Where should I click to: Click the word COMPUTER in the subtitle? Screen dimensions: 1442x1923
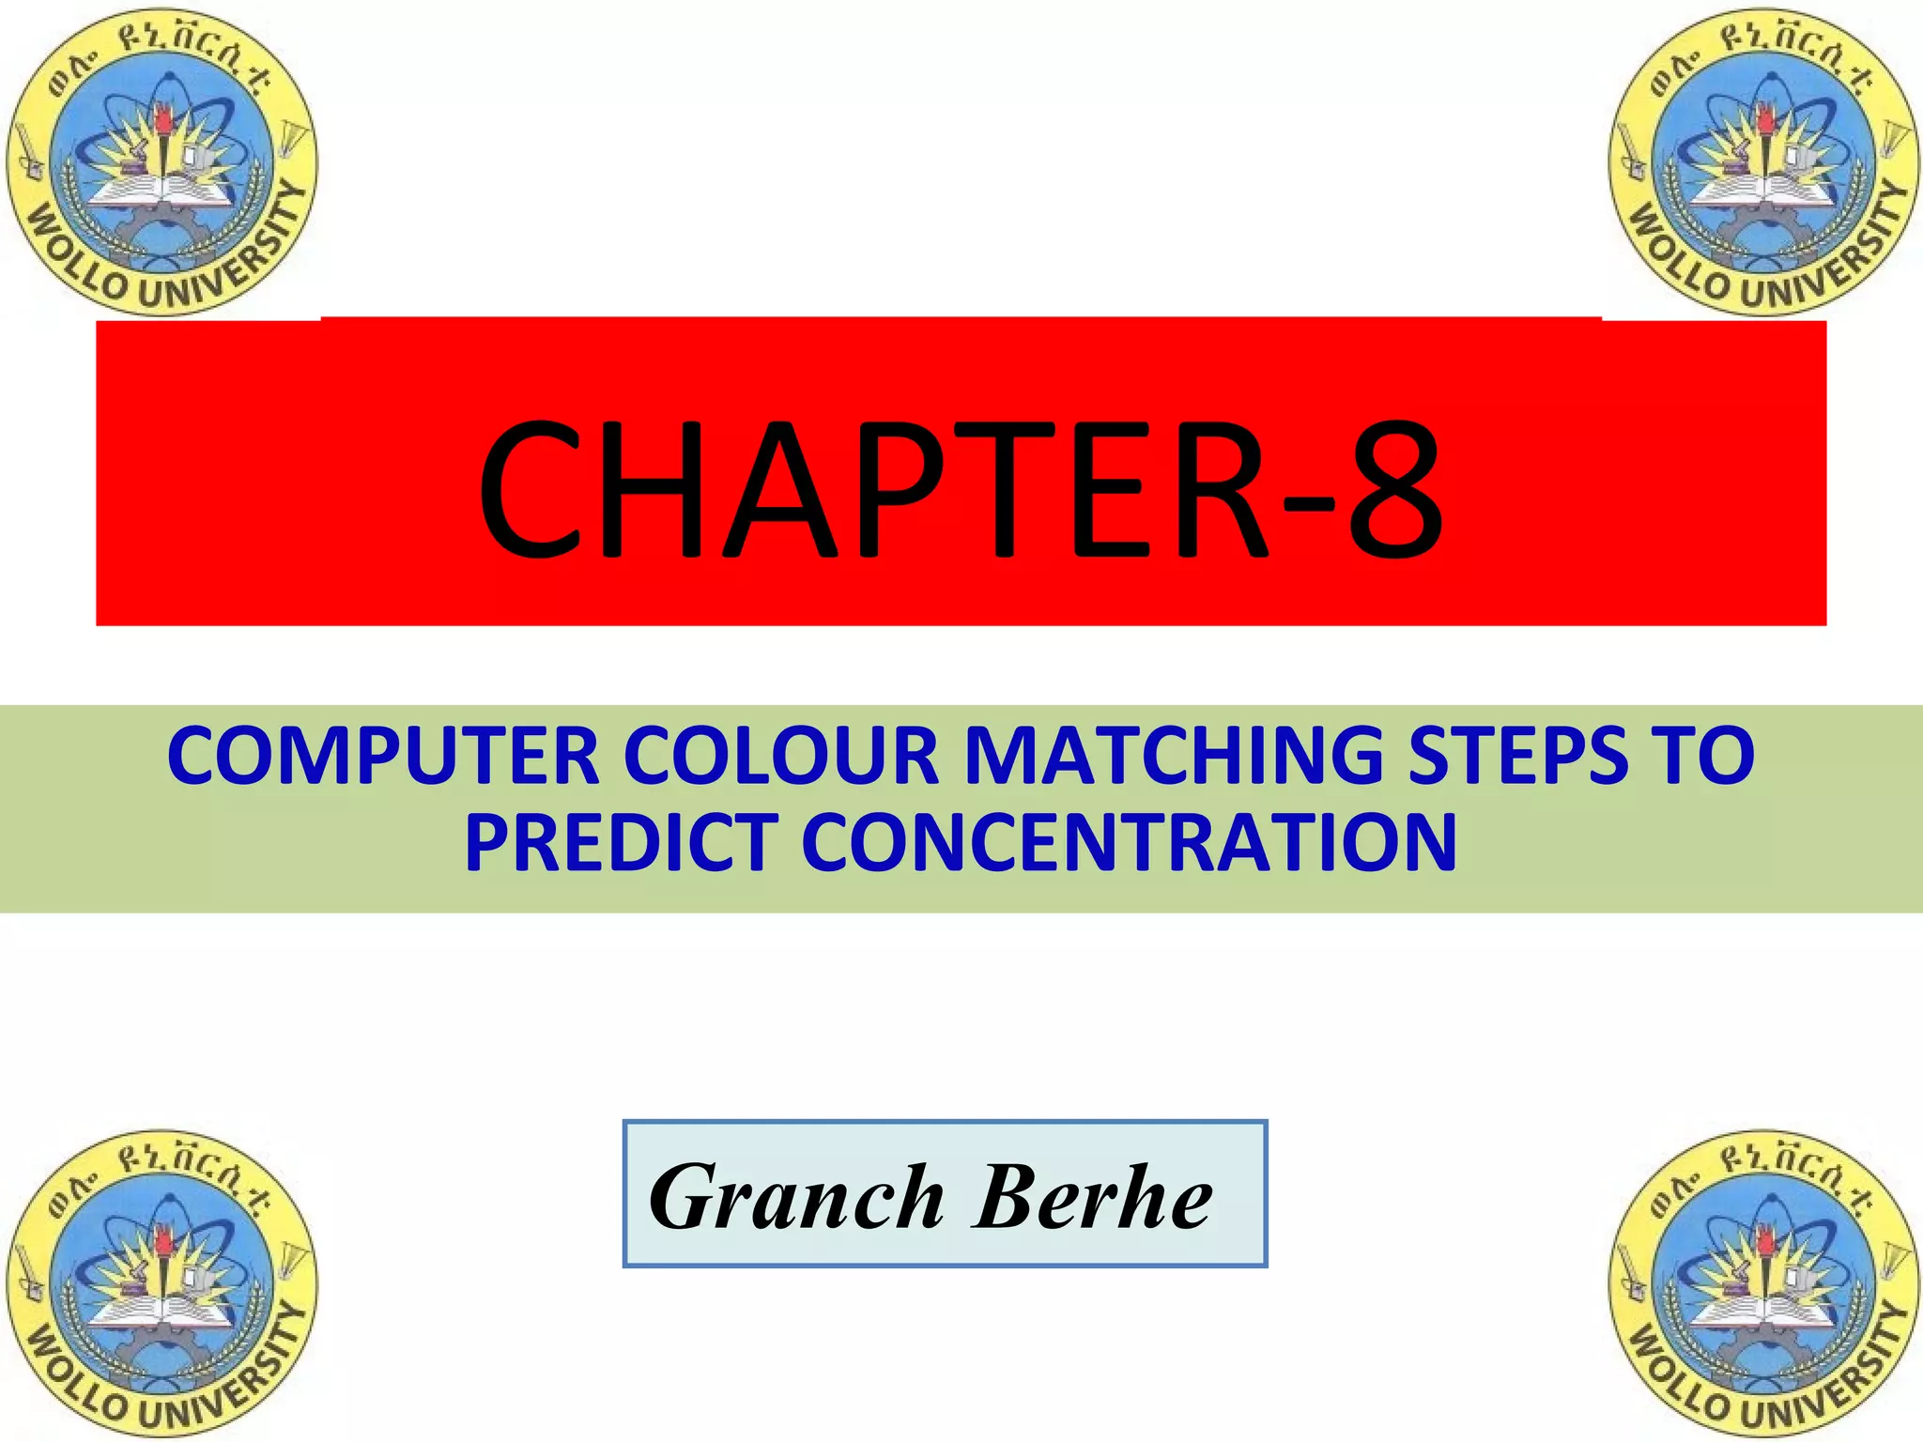[x=383, y=757]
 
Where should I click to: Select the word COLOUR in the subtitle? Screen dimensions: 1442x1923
[x=781, y=757]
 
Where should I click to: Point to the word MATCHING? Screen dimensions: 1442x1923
[x=1174, y=757]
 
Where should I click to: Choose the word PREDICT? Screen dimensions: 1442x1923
[x=621, y=842]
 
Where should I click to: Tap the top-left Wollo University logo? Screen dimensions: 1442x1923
[x=162, y=161]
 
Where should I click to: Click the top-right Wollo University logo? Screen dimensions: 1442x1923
[x=1764, y=161]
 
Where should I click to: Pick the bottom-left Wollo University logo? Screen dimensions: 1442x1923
[x=162, y=1284]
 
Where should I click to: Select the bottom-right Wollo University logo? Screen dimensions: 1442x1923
[x=1764, y=1284]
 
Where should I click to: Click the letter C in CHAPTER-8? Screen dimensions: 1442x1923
[x=530, y=488]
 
